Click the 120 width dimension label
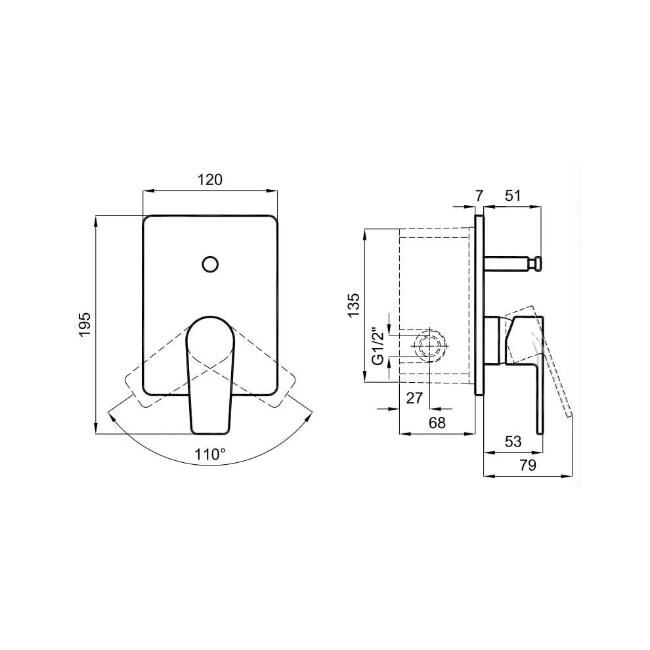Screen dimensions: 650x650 tap(209, 179)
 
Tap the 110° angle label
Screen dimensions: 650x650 tap(210, 454)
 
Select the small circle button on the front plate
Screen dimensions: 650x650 tap(211, 264)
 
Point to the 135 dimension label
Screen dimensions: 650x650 tap(354, 305)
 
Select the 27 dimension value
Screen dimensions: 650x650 tap(414, 398)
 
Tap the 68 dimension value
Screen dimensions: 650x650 tap(437, 422)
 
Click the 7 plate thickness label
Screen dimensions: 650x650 tap(479, 196)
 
